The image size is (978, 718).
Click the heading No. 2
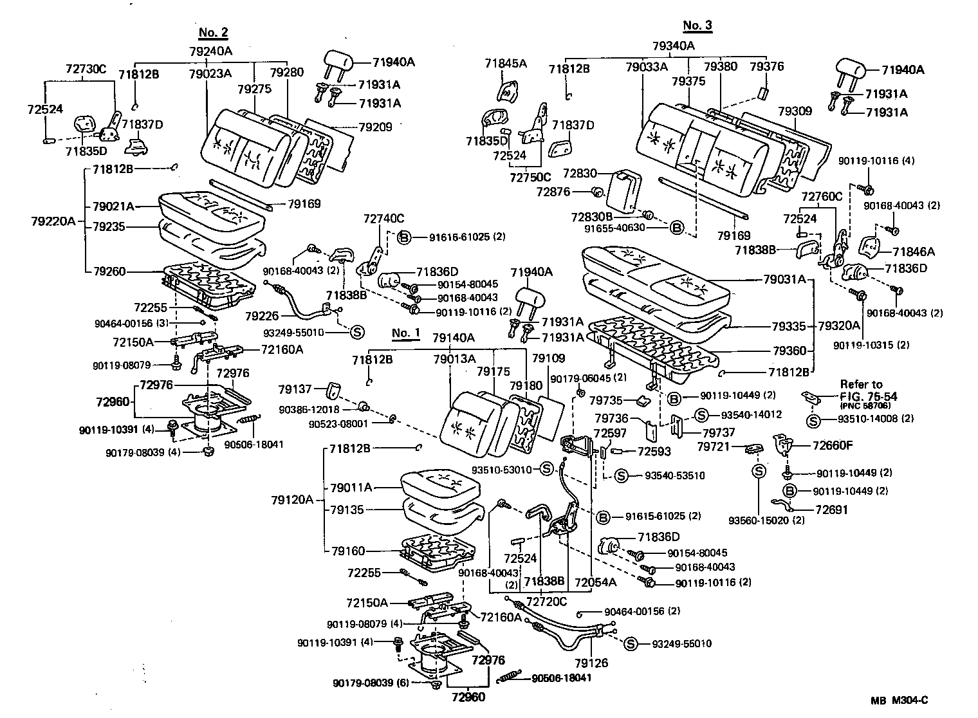pos(213,33)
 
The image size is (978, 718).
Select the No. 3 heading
pos(697,25)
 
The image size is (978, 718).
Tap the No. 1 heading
pos(405,333)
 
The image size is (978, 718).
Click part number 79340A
pos(674,46)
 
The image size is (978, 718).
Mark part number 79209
pos(376,127)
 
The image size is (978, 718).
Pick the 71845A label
pos(505,63)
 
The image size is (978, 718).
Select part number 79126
pos(591,663)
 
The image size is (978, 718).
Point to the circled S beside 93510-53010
pos(546,469)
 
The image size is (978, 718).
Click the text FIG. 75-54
pos(868,396)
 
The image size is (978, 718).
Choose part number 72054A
pos(595,582)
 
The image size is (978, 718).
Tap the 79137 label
pos(295,389)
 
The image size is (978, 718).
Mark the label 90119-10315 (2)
pos(871,345)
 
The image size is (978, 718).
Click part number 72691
pos(831,510)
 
